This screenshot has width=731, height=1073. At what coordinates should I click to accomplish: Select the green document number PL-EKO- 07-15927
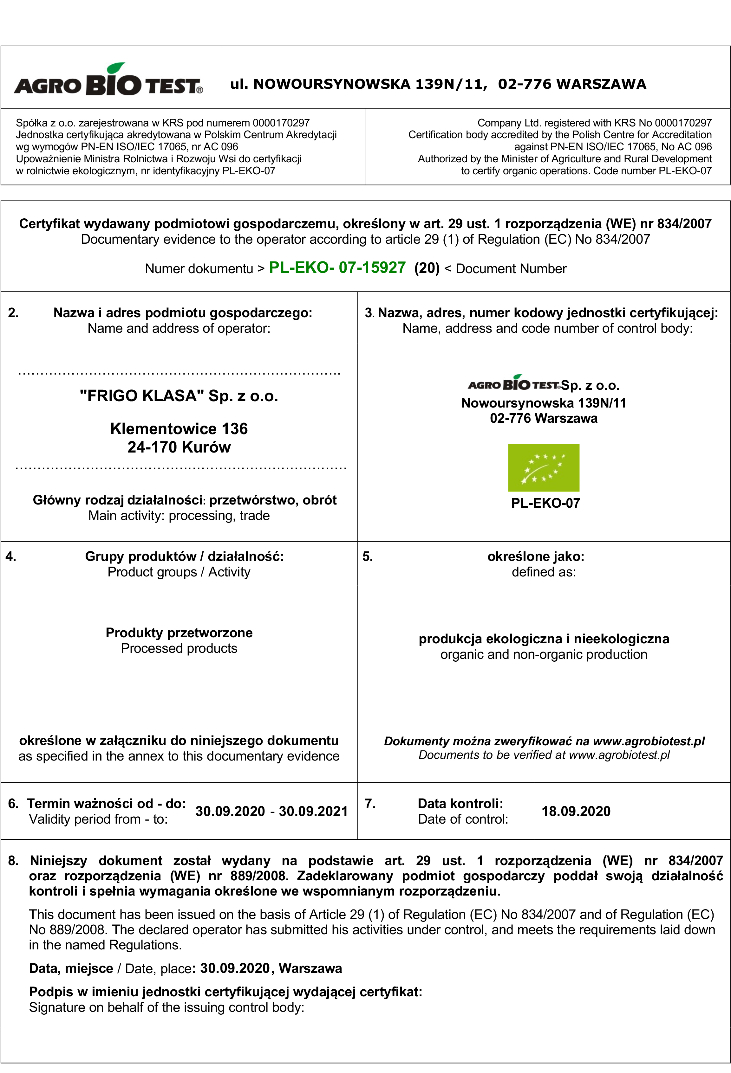point(337,267)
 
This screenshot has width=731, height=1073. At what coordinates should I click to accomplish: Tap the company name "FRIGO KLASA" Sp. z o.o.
point(179,396)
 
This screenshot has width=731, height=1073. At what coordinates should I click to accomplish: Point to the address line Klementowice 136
point(179,428)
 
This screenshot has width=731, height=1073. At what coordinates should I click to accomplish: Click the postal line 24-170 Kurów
point(179,447)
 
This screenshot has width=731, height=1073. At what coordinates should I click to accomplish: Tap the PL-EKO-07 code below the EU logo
point(545,503)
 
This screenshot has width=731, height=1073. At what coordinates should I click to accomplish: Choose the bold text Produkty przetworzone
point(179,633)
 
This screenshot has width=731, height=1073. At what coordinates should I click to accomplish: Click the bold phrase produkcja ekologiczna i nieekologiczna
point(543,639)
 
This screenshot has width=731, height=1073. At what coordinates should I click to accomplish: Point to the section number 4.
point(11,556)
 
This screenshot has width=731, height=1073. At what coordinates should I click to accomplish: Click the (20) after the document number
point(427,268)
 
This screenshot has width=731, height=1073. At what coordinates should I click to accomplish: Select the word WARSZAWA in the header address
point(601,84)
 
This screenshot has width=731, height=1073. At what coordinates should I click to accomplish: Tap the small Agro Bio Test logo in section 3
point(514,384)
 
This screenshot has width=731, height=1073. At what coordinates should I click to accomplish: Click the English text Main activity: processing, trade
point(179,515)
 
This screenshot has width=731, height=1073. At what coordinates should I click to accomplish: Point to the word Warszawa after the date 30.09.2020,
point(310,968)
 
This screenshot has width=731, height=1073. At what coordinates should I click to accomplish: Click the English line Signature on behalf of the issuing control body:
point(166,1007)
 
